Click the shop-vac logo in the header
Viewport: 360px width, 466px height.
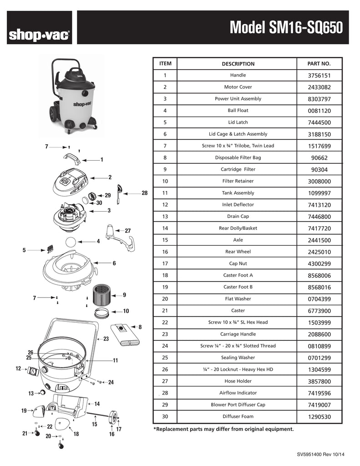click(39, 35)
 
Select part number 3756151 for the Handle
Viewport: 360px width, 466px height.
click(319, 76)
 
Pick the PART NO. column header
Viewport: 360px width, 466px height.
click(319, 64)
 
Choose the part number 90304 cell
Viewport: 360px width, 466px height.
click(319, 170)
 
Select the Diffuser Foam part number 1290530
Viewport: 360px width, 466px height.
click(319, 416)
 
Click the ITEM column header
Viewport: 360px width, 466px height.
click(165, 63)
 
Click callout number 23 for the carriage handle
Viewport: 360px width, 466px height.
click(106, 339)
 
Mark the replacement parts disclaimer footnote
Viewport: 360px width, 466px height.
click(223, 429)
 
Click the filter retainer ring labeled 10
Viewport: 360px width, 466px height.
click(102, 312)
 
